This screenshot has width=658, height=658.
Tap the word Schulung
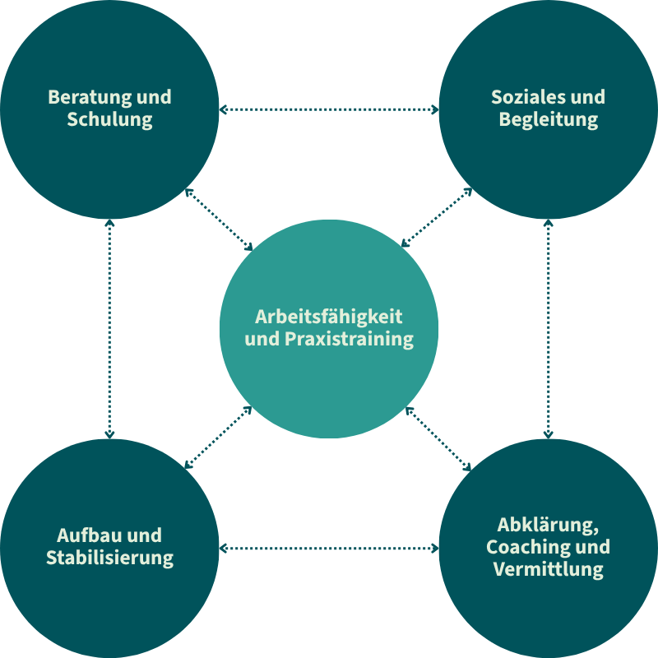pos(109,120)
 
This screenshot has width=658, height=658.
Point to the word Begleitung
pos(549,120)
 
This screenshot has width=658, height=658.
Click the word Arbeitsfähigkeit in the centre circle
pos(329,317)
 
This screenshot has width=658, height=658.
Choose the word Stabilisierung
pos(109,558)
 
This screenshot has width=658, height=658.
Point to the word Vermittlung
pos(549,569)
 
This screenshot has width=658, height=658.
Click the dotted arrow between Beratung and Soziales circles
pos(329,109)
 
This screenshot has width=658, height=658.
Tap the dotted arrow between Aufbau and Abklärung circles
pos(329,548)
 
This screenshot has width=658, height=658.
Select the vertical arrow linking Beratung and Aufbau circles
pos(109,329)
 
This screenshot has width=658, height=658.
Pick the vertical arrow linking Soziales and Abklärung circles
pos(549,329)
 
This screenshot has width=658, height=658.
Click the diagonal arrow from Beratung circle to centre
pos(220,219)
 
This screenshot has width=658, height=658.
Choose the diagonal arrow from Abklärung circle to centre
pos(438,438)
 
